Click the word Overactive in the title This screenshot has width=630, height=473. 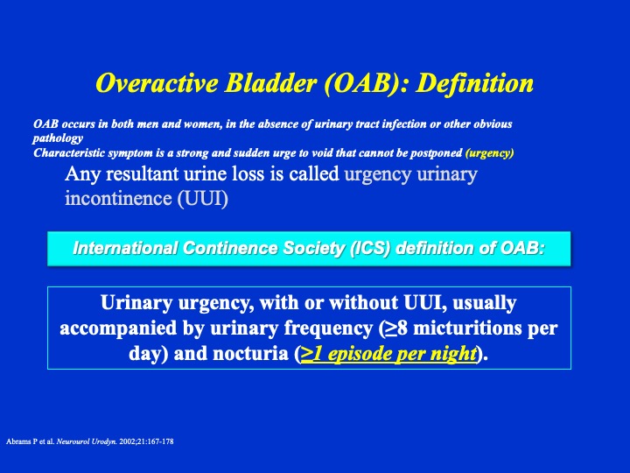tap(157, 83)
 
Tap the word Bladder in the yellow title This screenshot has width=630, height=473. tap(270, 83)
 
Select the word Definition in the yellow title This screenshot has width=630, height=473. tap(474, 83)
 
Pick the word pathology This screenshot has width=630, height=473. tap(58, 138)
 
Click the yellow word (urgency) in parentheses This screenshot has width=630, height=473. tap(489, 153)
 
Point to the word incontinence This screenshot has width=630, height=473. tap(118, 198)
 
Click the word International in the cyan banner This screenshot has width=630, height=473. tap(125, 248)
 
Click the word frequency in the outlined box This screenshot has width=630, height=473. tap(329, 328)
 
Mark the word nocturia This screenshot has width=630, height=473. tap(250, 354)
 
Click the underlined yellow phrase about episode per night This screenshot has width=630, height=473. tap(388, 354)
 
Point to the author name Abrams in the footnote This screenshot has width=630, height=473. tap(19, 441)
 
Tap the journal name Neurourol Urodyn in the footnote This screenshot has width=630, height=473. tap(87, 441)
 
